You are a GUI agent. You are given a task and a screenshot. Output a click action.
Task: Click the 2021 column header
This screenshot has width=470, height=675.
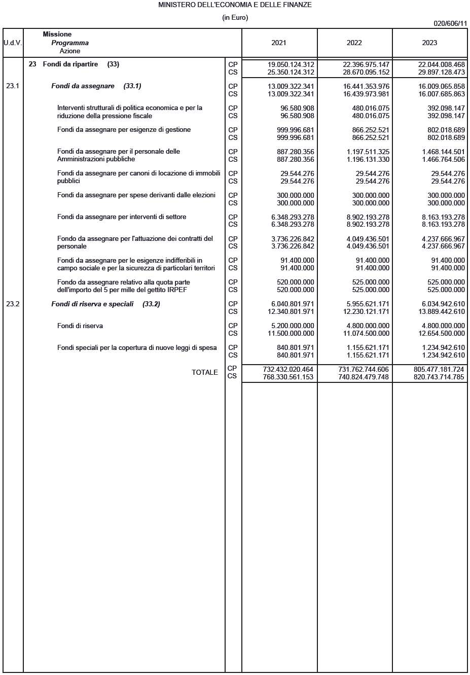click(279, 43)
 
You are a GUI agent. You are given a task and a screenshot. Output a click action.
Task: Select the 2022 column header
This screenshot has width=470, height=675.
click(354, 43)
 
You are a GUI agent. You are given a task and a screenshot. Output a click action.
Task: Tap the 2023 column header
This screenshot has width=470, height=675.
click(429, 43)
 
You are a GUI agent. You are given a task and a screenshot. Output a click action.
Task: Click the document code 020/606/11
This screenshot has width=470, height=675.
click(450, 24)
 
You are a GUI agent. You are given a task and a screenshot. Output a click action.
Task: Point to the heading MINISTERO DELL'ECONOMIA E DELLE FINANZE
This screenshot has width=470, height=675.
click(235, 5)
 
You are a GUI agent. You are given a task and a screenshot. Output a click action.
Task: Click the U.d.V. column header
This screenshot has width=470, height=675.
click(13, 43)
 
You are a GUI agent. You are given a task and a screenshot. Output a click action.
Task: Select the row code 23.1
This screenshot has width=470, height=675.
click(13, 86)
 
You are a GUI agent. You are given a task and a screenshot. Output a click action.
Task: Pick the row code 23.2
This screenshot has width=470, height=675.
click(13, 304)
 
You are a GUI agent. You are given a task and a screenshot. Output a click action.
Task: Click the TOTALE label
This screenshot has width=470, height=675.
click(205, 373)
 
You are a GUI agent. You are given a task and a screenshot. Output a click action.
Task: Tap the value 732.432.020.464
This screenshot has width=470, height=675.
click(288, 370)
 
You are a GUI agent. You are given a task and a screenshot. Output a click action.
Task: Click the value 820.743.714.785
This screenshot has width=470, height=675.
click(439, 377)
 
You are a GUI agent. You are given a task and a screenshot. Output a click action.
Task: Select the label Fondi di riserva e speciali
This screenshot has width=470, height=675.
click(92, 304)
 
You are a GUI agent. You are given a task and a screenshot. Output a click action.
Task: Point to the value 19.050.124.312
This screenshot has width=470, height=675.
click(291, 65)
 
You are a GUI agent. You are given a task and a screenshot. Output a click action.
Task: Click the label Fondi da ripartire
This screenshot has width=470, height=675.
click(70, 64)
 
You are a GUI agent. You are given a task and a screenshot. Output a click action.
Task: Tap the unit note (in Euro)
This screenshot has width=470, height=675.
click(235, 18)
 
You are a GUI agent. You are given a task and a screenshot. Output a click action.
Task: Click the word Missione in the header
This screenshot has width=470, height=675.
click(57, 34)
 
